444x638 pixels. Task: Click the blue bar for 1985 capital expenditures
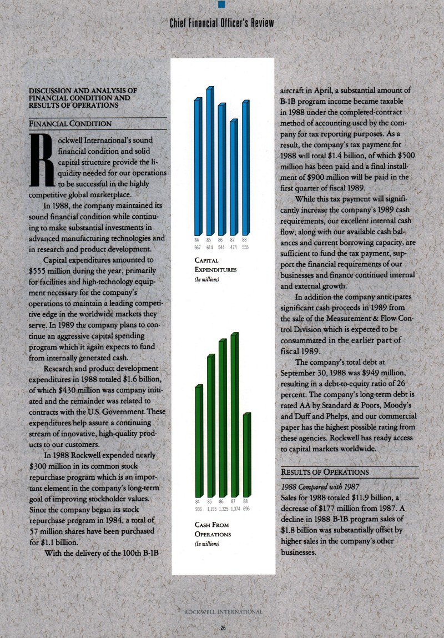pyautogui.click(x=209, y=161)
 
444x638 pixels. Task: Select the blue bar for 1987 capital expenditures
pyautogui.click(x=233, y=178)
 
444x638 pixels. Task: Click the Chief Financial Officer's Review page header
pyautogui.click(x=222, y=23)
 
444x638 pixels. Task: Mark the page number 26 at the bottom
pyautogui.click(x=222, y=628)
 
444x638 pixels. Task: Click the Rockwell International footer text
pyautogui.click(x=222, y=612)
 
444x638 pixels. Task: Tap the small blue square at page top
pyautogui.click(x=222, y=4)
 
